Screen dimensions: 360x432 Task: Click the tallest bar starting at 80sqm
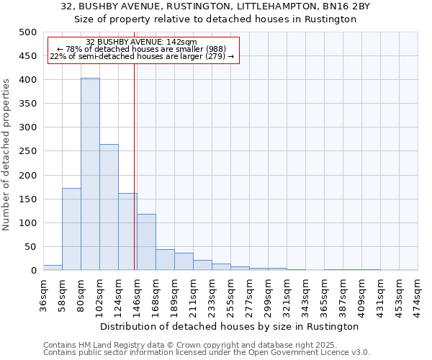pyautogui.click(x=90, y=174)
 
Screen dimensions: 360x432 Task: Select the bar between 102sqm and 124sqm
pyautogui.click(x=109, y=207)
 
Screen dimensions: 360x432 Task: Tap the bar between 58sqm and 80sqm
pyautogui.click(x=71, y=229)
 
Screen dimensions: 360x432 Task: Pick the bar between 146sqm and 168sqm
pyautogui.click(x=146, y=242)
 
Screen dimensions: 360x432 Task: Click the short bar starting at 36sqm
pyautogui.click(x=53, y=267)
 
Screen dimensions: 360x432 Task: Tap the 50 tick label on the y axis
pyautogui.click(x=30, y=247)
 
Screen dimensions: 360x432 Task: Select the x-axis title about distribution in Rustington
pyautogui.click(x=230, y=326)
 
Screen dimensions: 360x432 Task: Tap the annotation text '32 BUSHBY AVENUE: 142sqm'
pyautogui.click(x=140, y=42)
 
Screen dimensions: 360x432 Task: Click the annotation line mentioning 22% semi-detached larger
pyautogui.click(x=142, y=56)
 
